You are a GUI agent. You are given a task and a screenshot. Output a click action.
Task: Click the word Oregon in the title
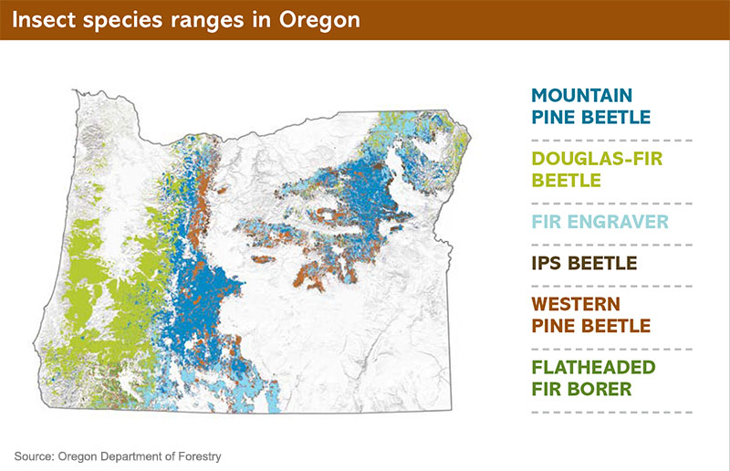point(319,20)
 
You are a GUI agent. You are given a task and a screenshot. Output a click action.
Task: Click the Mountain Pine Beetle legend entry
point(590,106)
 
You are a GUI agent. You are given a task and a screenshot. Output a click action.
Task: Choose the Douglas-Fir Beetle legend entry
point(597,170)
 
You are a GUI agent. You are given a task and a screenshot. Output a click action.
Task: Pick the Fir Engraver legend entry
point(600,222)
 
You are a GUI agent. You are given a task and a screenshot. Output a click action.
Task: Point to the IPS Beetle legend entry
point(584,263)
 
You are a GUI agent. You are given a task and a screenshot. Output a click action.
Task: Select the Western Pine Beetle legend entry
point(590,315)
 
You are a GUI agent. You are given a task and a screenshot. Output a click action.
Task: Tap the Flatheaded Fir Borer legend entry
point(594,378)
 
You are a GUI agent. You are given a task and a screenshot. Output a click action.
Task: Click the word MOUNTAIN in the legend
point(582,96)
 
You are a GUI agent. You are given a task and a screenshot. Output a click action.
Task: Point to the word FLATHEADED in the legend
point(594,368)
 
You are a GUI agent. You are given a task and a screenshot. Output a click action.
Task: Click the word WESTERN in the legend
point(576,304)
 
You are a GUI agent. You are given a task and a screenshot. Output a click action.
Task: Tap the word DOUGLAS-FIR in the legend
point(597,159)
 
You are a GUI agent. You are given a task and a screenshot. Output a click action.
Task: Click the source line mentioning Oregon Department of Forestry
point(118,456)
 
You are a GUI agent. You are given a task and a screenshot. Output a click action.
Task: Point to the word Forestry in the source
point(200,456)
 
